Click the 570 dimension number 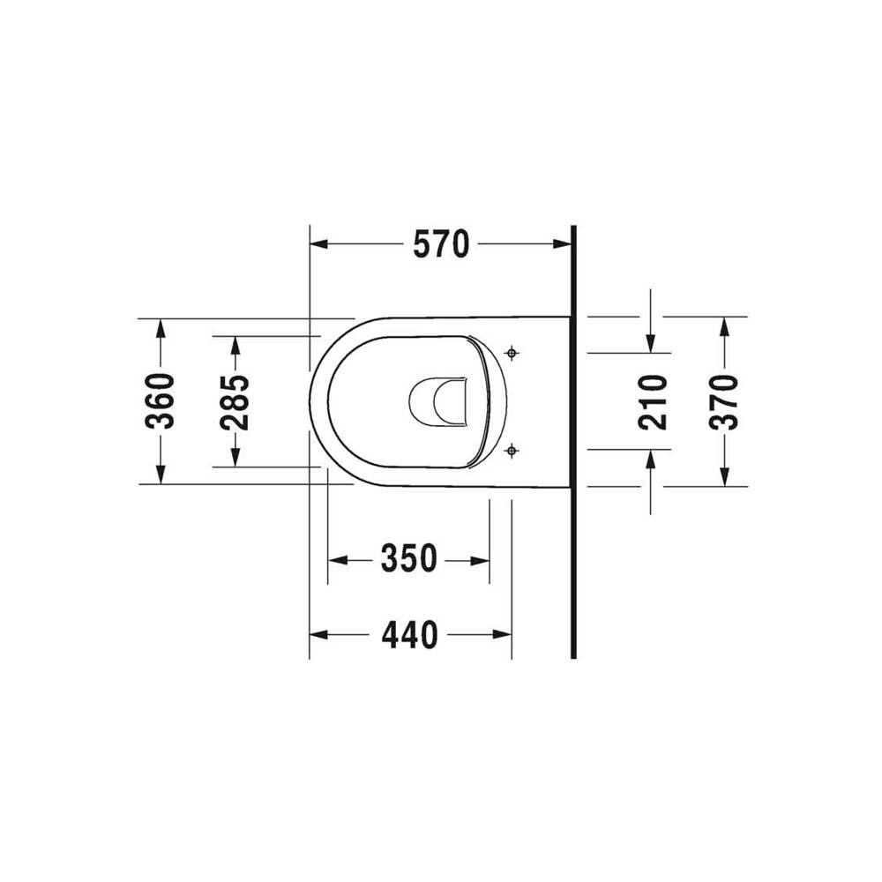pyautogui.click(x=441, y=244)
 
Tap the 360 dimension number pyautogui.click(x=161, y=400)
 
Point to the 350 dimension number pyautogui.click(x=409, y=558)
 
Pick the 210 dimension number pyautogui.click(x=653, y=401)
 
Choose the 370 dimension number pyautogui.click(x=724, y=401)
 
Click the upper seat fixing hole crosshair pyautogui.click(x=512, y=354)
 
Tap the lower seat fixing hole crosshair pyautogui.click(x=512, y=450)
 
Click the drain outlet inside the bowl pyautogui.click(x=438, y=400)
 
